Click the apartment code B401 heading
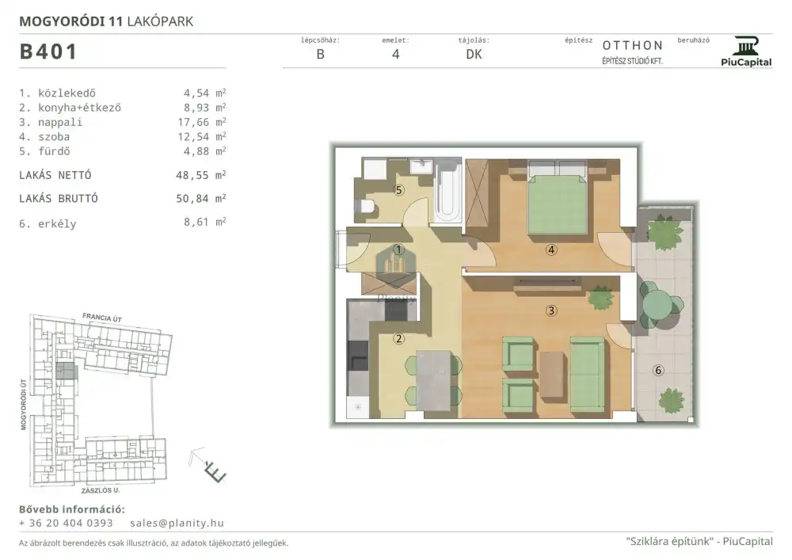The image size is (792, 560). click(x=48, y=51)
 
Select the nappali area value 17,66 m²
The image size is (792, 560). click(x=201, y=122)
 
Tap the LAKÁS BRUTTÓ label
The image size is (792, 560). click(x=59, y=199)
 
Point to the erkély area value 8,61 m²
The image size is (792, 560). click(x=204, y=223)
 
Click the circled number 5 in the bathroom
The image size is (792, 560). click(x=399, y=190)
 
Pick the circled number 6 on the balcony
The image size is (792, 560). click(x=658, y=370)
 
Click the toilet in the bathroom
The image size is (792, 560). click(x=367, y=207)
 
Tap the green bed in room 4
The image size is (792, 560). click(x=557, y=198)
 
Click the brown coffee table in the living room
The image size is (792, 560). click(x=551, y=374)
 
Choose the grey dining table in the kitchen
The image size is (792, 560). click(x=433, y=381)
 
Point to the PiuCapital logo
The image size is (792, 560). click(x=746, y=51)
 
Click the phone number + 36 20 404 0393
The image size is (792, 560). click(x=66, y=523)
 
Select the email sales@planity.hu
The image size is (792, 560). click(x=177, y=523)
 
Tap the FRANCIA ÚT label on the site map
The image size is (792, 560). click(x=102, y=318)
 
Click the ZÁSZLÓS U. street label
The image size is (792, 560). click(x=101, y=490)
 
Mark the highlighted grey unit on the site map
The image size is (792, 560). click(x=67, y=371)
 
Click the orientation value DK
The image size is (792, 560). click(x=474, y=55)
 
